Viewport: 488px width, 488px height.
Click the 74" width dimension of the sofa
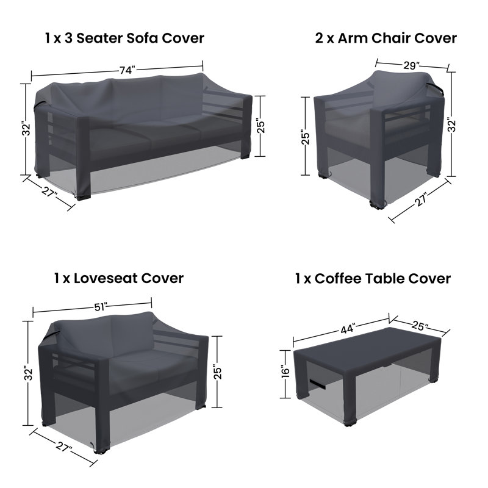127,70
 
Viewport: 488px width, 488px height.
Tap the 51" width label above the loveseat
101,307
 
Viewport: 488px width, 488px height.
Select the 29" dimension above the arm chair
412,65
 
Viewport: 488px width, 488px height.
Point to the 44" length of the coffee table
348,329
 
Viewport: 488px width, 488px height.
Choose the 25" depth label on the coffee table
420,326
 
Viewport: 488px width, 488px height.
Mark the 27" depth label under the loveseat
65,448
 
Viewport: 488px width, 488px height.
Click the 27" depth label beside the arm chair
421,199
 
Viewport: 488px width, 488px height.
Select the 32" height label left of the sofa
27,129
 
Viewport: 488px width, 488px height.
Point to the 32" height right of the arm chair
451,124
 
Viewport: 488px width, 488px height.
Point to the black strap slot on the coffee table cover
317,384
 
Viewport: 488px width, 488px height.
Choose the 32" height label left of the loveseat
29,373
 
